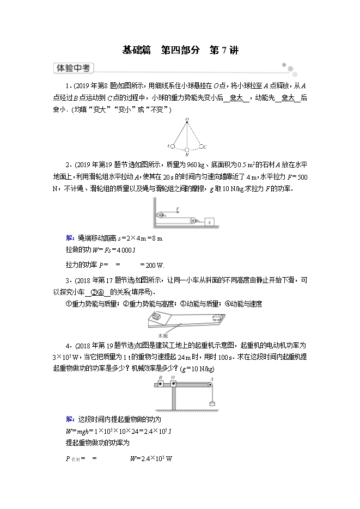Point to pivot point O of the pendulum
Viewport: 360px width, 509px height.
tap(187, 119)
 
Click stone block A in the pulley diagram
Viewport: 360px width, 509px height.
tap(209, 220)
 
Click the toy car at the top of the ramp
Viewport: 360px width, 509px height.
tap(156, 317)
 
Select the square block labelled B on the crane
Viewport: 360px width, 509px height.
tap(160, 385)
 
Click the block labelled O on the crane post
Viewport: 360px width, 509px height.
tap(173, 385)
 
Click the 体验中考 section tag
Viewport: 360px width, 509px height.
tap(73, 69)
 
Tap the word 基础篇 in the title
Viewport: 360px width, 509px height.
tap(136, 51)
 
